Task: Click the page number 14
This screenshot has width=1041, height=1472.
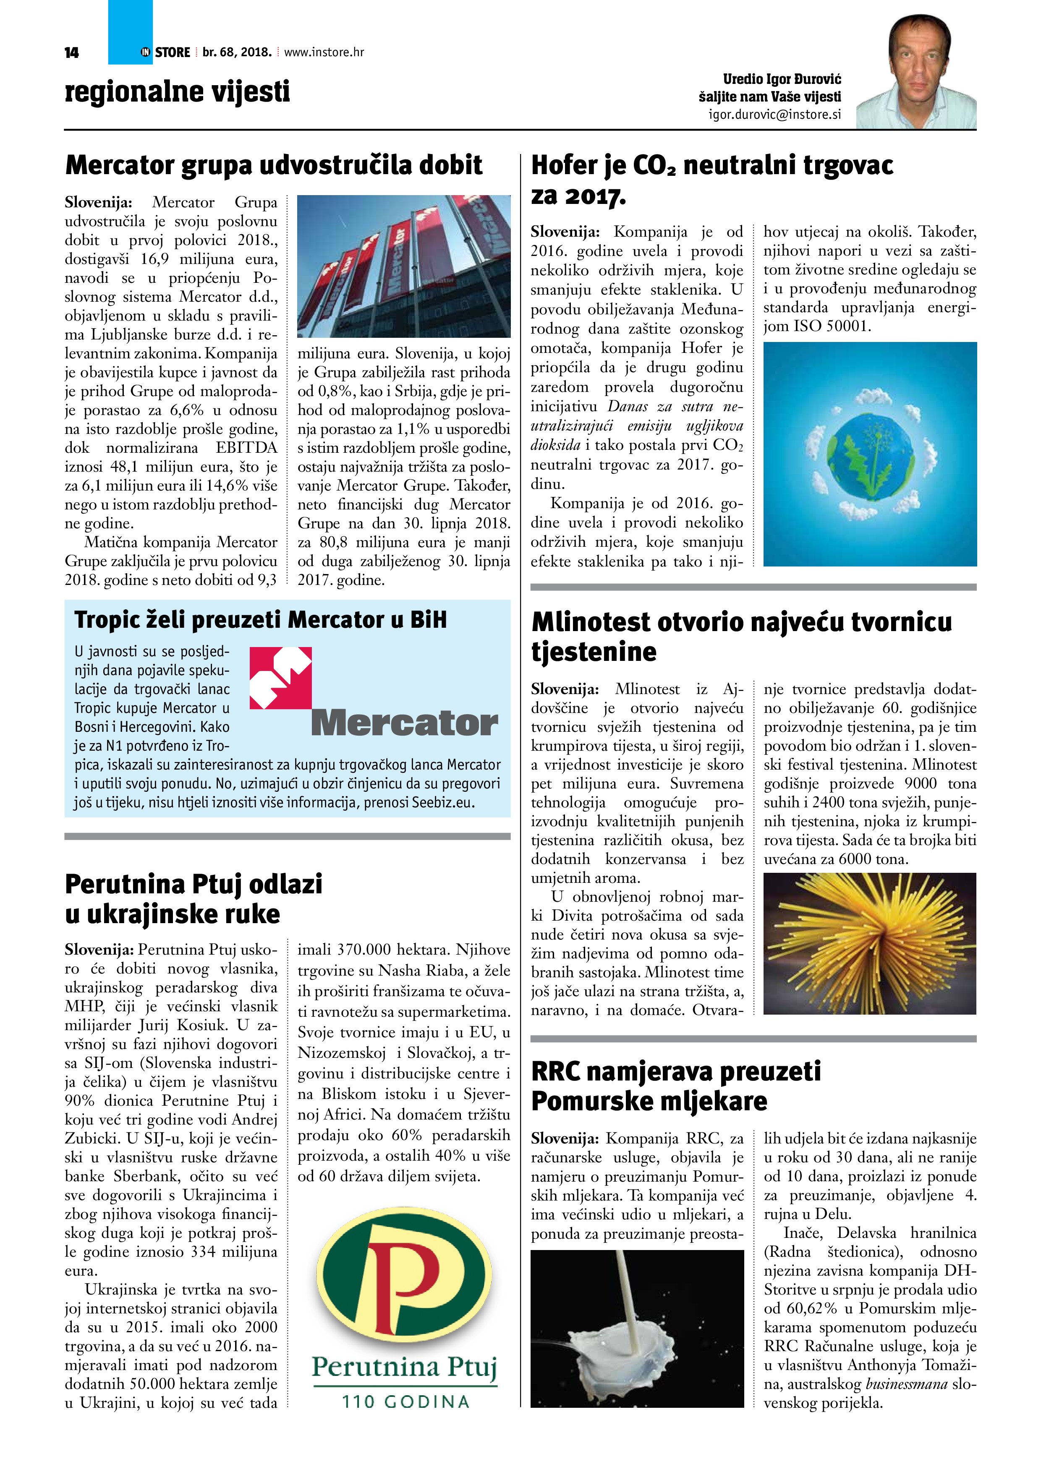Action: [71, 52]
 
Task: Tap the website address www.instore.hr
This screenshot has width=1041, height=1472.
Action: [324, 52]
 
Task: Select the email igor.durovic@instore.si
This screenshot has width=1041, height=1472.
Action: [774, 115]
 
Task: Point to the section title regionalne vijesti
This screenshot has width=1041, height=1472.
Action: [177, 91]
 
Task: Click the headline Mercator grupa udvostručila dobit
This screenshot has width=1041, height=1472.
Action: [274, 165]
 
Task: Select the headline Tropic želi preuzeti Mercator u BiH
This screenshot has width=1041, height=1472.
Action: [260, 620]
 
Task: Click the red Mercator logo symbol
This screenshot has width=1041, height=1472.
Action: [280, 678]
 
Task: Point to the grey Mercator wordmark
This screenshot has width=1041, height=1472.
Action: [404, 723]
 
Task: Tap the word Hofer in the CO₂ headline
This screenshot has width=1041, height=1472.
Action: [565, 165]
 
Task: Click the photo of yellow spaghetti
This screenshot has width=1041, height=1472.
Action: [870, 943]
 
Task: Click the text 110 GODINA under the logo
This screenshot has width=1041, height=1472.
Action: [405, 1402]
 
